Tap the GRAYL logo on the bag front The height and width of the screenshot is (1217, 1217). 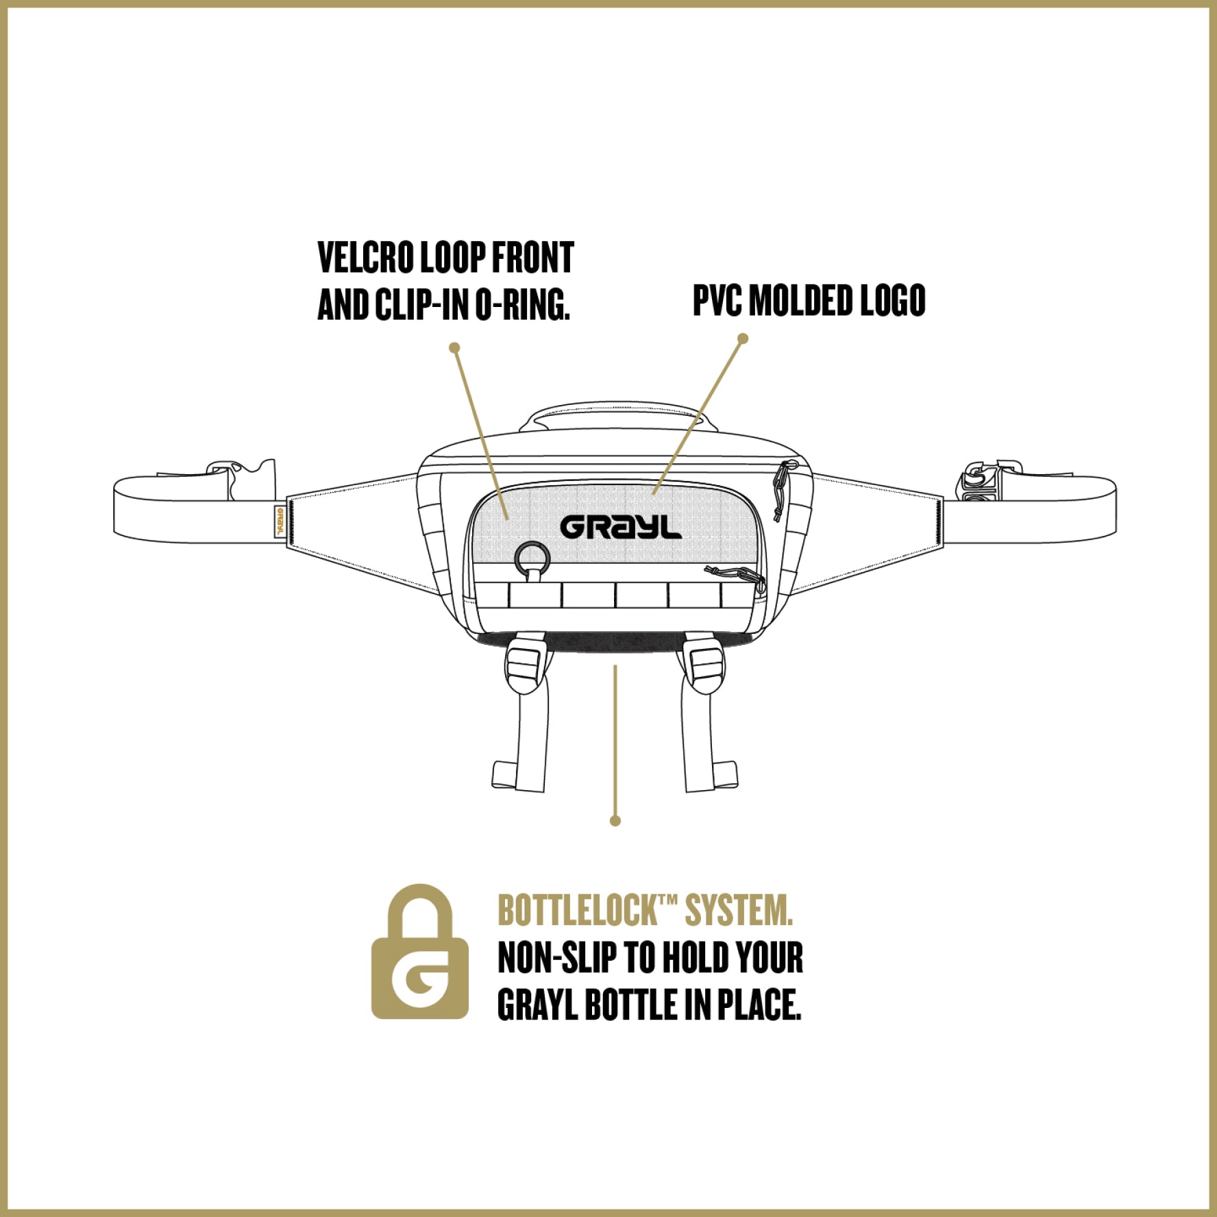pos(621,527)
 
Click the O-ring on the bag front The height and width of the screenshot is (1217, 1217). pos(532,558)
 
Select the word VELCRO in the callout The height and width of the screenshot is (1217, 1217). pos(366,258)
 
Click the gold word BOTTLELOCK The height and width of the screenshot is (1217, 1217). pos(577,911)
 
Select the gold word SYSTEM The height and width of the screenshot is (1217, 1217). pos(739,911)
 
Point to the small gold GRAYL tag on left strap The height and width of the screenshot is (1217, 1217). pos(280,521)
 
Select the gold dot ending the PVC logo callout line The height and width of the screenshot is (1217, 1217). pos(743,338)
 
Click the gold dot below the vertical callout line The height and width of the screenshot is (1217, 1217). pos(615,820)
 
